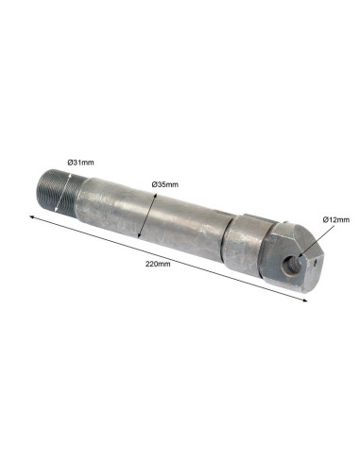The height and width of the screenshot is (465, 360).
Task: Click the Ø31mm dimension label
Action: coord(80,163)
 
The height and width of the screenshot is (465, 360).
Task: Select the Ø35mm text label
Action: coord(164,184)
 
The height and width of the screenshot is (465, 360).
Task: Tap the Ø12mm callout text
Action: coord(336,220)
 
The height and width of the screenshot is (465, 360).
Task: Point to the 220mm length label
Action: coord(158,264)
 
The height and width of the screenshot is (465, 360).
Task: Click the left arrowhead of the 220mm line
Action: coord(31,216)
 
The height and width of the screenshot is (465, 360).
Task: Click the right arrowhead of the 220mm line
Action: coord(305,301)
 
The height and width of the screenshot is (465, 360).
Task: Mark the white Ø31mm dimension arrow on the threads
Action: coord(63,193)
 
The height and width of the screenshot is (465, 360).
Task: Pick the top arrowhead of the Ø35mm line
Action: coord(155,196)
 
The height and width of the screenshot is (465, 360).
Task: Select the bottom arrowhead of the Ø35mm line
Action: coord(139,235)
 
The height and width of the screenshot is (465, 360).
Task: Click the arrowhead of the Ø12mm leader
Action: coord(300,255)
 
